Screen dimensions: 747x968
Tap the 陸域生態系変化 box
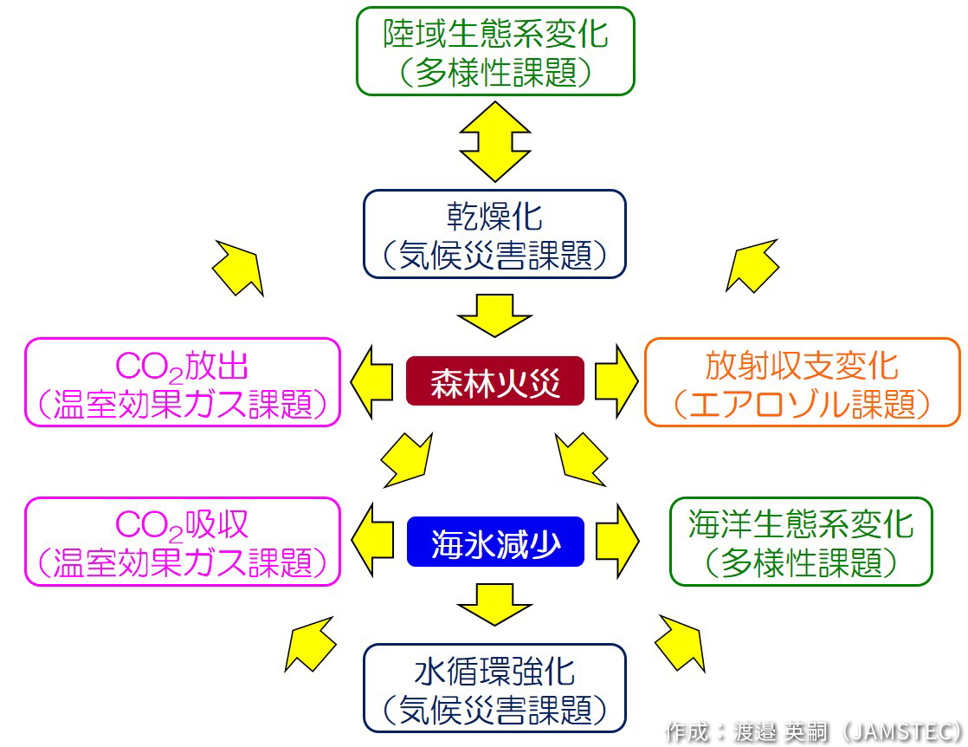pos(495,51)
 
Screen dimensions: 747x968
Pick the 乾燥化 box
pos(494,234)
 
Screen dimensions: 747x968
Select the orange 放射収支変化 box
pos(802,381)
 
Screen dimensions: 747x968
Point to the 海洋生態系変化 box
pos(801,541)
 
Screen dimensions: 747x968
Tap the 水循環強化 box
pos(494,688)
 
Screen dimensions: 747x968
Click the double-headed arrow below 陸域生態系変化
pos(494,140)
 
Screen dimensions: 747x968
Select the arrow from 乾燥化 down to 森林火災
pos(494,314)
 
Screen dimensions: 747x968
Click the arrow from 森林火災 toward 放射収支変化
pos(616,381)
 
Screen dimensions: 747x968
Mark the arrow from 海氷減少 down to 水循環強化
pos(494,604)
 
